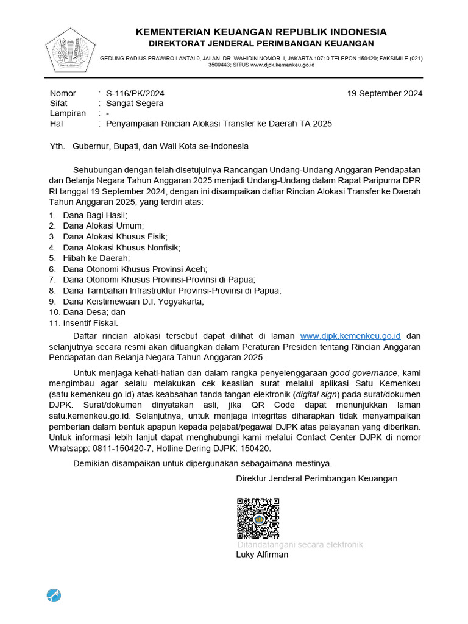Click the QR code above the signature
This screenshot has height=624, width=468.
pos(258,519)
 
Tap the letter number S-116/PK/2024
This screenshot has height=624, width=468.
pos(135,93)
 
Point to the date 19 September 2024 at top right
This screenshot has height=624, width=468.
pos(385,93)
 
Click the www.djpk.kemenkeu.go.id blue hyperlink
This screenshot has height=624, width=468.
pos(350,336)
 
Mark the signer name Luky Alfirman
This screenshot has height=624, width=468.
pos(262,555)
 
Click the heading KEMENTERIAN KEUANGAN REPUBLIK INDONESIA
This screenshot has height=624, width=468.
pos(261,32)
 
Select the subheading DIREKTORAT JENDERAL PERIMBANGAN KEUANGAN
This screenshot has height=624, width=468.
pos(261,44)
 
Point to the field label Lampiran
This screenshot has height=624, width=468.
pos(68,113)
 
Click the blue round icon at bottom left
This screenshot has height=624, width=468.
pos(54,595)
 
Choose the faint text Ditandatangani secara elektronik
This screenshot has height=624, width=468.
pos(300,544)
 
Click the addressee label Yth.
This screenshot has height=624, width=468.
pos(57,146)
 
